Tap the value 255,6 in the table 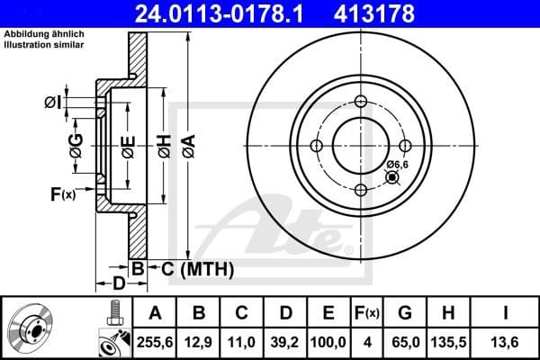point(154,342)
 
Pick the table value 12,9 point(199,342)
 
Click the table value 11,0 point(242,342)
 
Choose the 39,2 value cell point(285,342)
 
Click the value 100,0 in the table point(329,342)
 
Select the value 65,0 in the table point(404,342)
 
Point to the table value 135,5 point(448,342)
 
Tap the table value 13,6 point(508,342)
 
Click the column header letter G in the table point(404,313)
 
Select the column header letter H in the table point(448,313)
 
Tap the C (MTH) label point(193,268)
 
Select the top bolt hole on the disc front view point(360,101)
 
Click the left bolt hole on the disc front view point(316,146)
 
